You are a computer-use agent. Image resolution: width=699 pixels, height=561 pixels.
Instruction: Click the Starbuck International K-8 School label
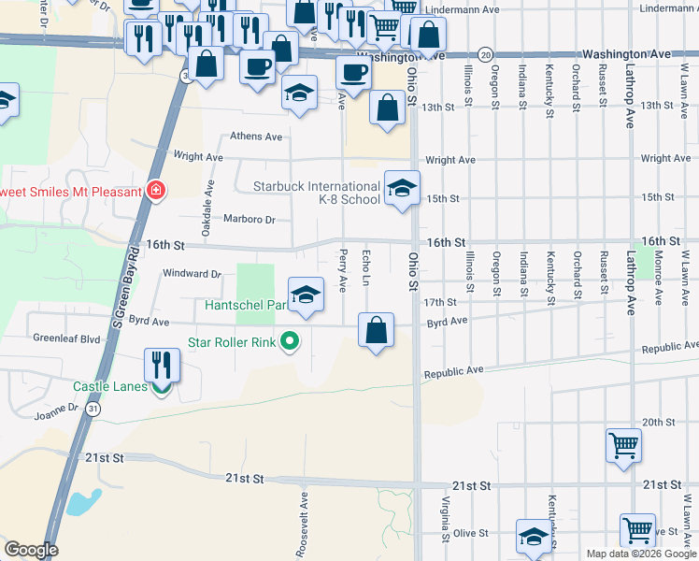tap(317, 193)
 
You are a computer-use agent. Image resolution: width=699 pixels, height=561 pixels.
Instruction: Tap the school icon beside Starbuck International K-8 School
tap(402, 189)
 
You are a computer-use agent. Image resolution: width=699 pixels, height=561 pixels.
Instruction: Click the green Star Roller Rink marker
tap(290, 342)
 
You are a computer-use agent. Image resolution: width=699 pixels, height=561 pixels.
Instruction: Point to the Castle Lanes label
tap(111, 386)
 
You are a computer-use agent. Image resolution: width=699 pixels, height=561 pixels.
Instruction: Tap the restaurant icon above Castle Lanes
tap(162, 365)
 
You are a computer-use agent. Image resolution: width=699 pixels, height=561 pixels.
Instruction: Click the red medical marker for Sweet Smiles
tap(156, 192)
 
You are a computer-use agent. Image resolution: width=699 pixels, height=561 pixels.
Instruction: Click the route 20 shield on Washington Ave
tap(485, 55)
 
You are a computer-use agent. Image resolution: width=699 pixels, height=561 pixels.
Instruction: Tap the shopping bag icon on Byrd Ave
tap(376, 330)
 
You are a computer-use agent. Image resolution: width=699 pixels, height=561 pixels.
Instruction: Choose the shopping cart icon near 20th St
tap(623, 445)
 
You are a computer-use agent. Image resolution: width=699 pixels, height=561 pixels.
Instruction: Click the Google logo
tap(31, 550)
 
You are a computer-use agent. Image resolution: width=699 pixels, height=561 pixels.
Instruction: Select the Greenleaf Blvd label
tap(66, 338)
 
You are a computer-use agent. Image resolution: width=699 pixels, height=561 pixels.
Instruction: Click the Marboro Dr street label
tap(250, 220)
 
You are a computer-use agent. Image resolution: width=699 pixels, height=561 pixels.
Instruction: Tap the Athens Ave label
tap(256, 137)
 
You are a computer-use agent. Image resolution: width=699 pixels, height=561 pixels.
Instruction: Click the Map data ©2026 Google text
tap(640, 554)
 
